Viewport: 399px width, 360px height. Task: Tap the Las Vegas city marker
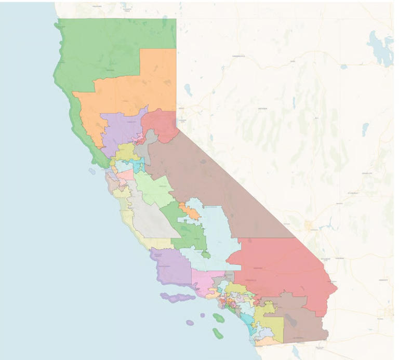(x=311, y=226)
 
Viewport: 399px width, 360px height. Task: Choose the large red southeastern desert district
(x=281, y=270)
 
